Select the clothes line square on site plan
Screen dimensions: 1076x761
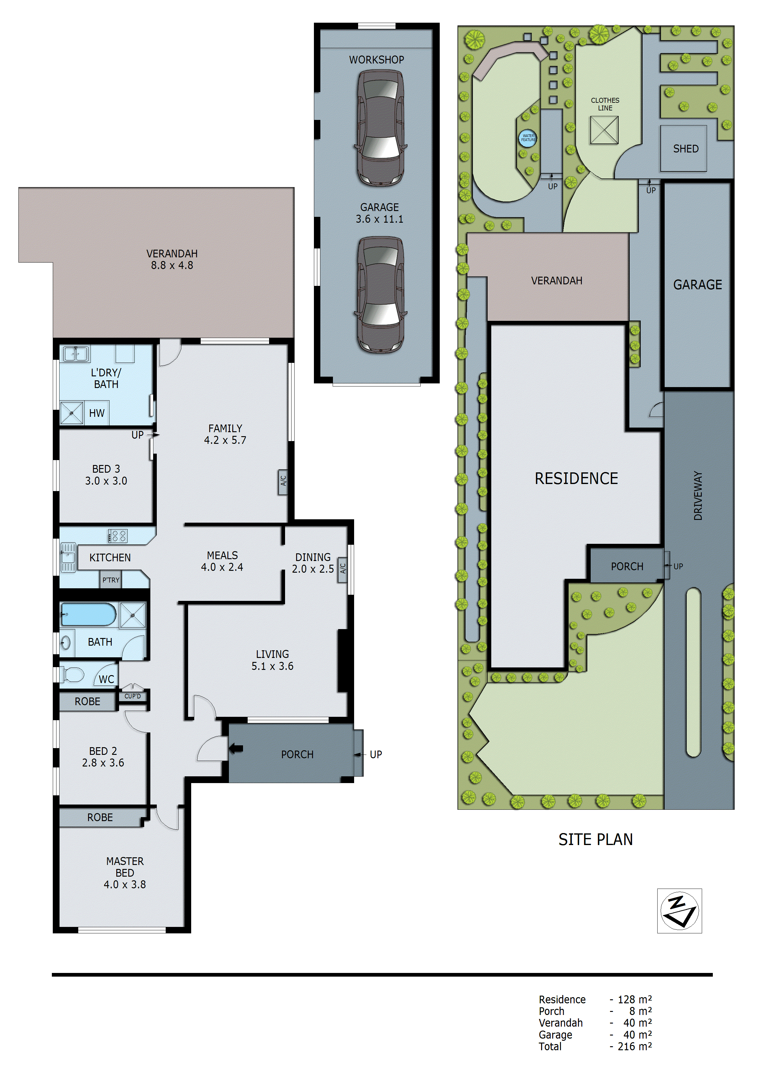[x=604, y=130]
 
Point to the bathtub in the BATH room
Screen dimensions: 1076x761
[x=88, y=614]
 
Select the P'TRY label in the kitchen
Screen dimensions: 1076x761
[x=111, y=580]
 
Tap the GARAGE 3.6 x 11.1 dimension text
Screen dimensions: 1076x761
[x=379, y=213]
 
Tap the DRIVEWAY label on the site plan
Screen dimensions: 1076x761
[x=698, y=495]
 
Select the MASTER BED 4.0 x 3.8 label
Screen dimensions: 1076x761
[x=125, y=873]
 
